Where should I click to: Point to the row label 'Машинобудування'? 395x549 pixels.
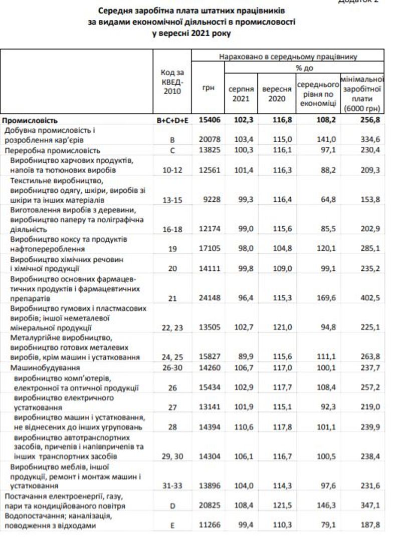tap(39, 368)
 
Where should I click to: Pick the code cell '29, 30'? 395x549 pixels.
tap(172, 457)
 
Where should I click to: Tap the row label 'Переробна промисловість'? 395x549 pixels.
tap(53, 150)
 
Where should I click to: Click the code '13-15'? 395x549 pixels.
tap(172, 200)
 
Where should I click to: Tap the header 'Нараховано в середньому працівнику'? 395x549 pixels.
tap(287, 57)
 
